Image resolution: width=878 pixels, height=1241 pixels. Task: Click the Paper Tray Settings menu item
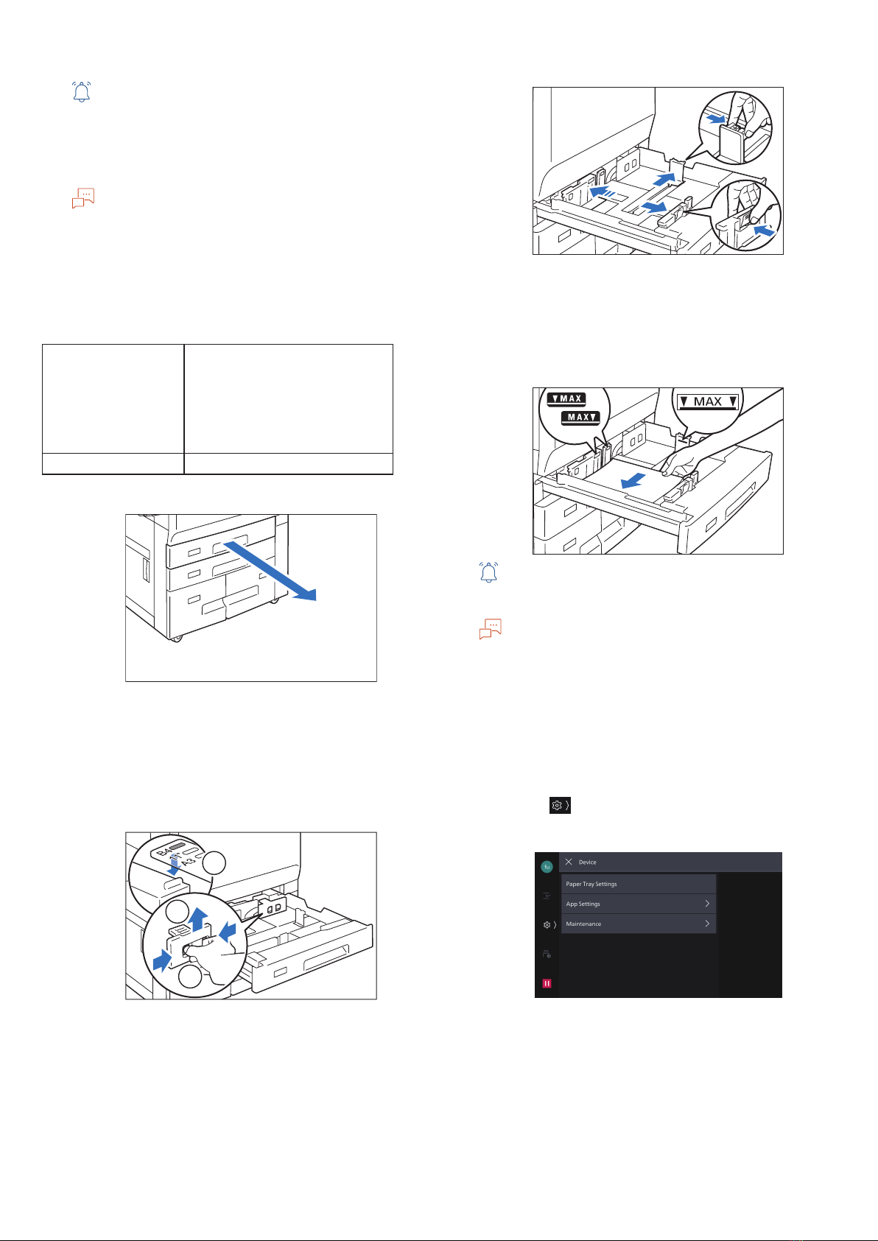click(638, 884)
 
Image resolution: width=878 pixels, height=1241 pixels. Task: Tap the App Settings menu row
click(638, 904)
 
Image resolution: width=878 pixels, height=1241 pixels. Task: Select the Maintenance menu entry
click(638, 924)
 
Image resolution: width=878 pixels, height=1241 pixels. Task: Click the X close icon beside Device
click(569, 862)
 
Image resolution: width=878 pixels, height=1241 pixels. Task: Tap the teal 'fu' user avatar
click(547, 867)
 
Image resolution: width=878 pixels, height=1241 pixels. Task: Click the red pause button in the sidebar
click(547, 983)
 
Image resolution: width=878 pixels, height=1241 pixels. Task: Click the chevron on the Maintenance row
click(707, 924)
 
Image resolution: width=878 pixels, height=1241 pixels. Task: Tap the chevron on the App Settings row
click(707, 904)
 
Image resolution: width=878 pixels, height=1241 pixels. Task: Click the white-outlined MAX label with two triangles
click(708, 401)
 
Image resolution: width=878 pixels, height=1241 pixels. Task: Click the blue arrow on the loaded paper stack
click(633, 480)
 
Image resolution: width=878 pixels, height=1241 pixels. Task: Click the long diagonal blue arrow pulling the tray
click(270, 572)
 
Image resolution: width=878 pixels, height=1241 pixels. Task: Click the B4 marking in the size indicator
click(164, 851)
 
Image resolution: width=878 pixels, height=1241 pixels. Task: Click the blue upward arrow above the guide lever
click(197, 919)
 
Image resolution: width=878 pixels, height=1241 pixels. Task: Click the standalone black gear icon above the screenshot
click(560, 806)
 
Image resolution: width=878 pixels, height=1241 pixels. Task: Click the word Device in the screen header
click(587, 862)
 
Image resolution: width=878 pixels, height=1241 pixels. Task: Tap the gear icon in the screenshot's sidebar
click(547, 925)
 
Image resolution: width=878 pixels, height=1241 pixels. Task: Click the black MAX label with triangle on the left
click(566, 398)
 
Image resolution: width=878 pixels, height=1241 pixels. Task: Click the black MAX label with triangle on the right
click(580, 417)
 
